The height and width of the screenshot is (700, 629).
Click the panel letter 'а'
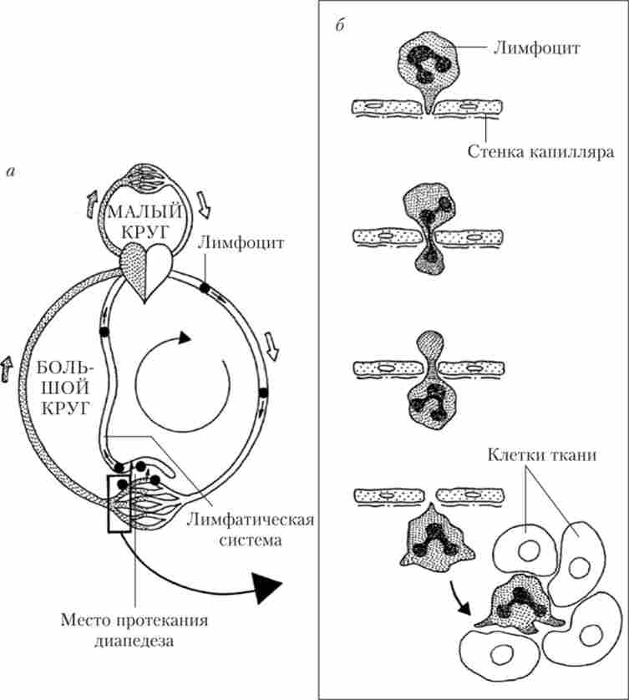tap(11, 173)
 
